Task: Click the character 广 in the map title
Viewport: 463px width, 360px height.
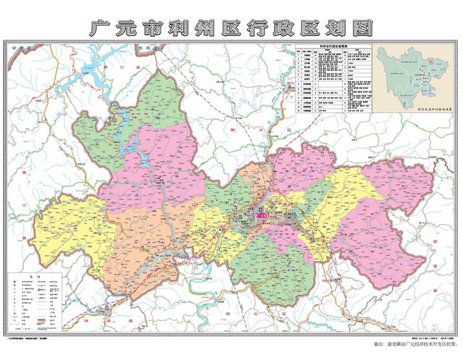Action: [x=99, y=27]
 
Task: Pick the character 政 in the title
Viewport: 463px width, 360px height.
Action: [x=298, y=27]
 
